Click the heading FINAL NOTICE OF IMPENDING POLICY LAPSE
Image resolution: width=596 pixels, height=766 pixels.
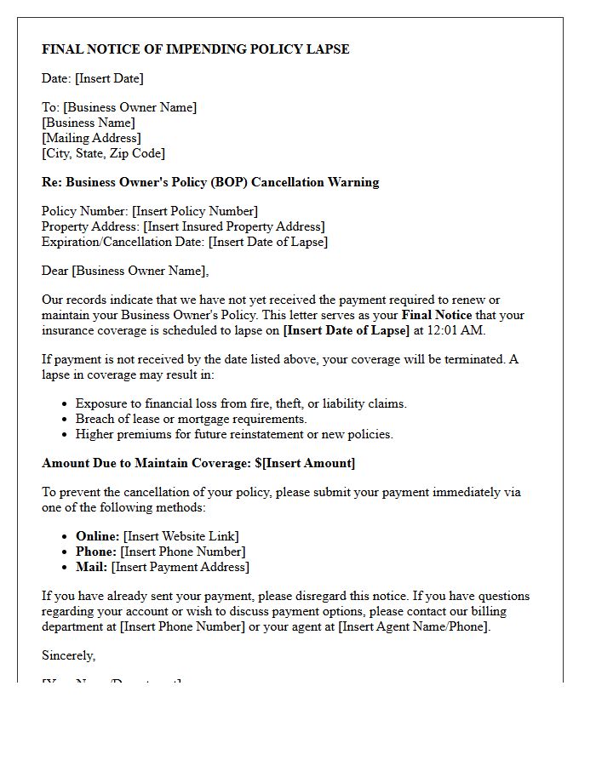[196, 49]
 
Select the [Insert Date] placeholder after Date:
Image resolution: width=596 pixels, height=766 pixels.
[109, 78]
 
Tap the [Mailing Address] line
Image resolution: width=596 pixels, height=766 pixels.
[91, 138]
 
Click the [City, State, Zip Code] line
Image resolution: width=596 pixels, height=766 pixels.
[103, 153]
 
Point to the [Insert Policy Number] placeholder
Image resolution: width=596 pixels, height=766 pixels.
[194, 211]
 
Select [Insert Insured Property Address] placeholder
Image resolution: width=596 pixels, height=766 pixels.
[233, 226]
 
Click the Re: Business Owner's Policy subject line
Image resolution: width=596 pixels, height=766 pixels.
[210, 182]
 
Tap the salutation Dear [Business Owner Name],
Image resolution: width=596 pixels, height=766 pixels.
[125, 271]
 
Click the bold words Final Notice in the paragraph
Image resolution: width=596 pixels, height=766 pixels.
[437, 315]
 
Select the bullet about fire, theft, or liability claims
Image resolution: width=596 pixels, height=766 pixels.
[241, 403]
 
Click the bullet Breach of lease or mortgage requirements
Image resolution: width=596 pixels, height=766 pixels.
[191, 419]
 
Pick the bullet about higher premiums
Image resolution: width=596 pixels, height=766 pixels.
[234, 434]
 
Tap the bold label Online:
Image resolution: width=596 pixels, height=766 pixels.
[97, 536]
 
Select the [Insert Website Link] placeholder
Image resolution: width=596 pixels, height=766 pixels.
[181, 536]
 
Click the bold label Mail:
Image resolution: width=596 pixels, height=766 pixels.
[91, 567]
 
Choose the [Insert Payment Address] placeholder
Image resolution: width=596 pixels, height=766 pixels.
[180, 567]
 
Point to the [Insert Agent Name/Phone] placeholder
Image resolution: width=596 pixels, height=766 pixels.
[414, 626]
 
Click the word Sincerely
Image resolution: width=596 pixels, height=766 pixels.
[68, 655]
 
